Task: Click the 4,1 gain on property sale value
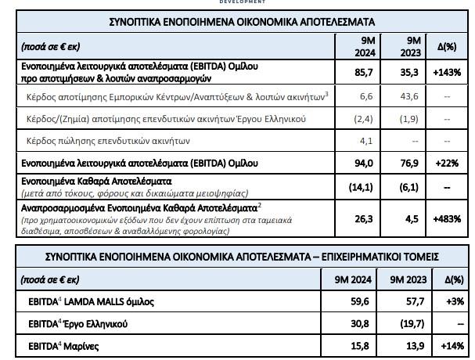365,141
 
